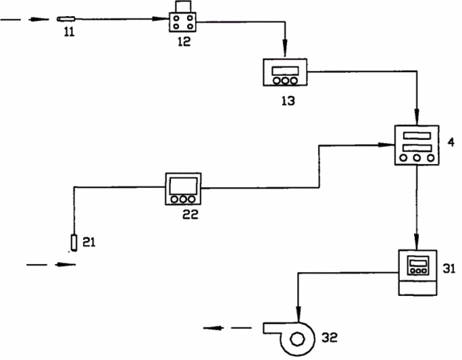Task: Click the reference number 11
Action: point(70,32)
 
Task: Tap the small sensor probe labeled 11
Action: point(66,19)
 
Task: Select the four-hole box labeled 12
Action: point(183,22)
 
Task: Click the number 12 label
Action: point(184,42)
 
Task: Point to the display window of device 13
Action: point(285,70)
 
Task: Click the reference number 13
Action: point(288,101)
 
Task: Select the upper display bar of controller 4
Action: point(417,136)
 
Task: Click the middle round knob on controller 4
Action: point(416,158)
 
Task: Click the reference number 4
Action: point(451,142)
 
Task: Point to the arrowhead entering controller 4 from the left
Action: point(387,145)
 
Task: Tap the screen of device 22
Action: point(183,186)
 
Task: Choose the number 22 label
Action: point(190,214)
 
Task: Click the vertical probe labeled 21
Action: point(74,242)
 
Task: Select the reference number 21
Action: point(89,242)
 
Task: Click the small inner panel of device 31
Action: point(418,266)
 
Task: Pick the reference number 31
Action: point(449,269)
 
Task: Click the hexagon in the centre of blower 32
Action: point(297,338)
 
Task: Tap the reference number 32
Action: point(329,338)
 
